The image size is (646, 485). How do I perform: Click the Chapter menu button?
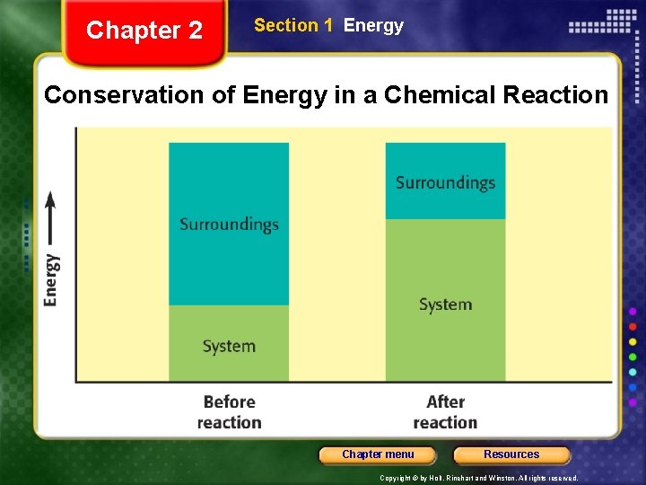click(378, 454)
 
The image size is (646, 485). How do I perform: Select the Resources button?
click(511, 454)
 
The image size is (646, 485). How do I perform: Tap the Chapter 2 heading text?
click(144, 31)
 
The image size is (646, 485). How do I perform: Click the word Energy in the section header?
click(373, 26)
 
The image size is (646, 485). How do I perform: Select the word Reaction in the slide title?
click(557, 94)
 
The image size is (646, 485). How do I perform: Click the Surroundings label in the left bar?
click(229, 225)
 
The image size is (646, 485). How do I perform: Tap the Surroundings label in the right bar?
click(445, 182)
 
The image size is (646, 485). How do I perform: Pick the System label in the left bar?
click(229, 346)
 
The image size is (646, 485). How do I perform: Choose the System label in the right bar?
click(445, 304)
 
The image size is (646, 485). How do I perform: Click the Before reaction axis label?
click(229, 412)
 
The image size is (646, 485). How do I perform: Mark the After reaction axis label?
click(445, 412)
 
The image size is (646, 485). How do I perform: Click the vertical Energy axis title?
click(52, 279)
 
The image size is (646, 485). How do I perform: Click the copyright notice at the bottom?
click(478, 479)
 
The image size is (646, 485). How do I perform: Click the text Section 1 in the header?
click(286, 26)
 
